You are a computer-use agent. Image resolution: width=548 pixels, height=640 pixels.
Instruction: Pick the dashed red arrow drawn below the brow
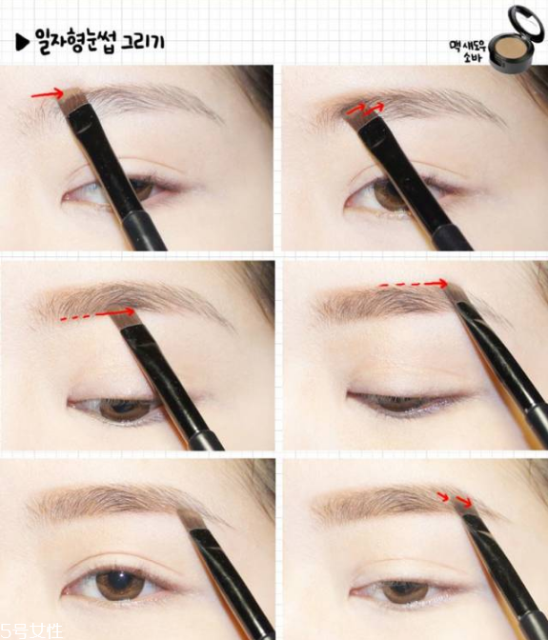(x=97, y=314)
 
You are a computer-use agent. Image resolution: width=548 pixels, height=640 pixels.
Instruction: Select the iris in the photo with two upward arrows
(x=388, y=194)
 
